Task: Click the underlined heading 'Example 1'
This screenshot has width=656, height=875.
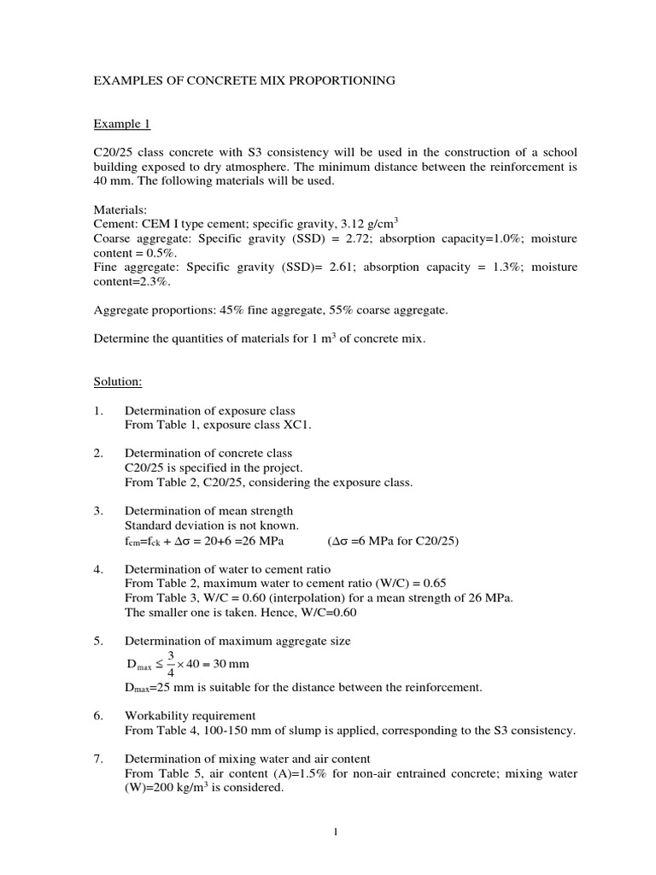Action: (121, 124)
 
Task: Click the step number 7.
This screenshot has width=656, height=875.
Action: (98, 758)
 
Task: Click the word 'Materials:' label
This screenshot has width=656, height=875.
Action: (120, 210)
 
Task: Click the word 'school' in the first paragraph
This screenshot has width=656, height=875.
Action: (553, 152)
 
